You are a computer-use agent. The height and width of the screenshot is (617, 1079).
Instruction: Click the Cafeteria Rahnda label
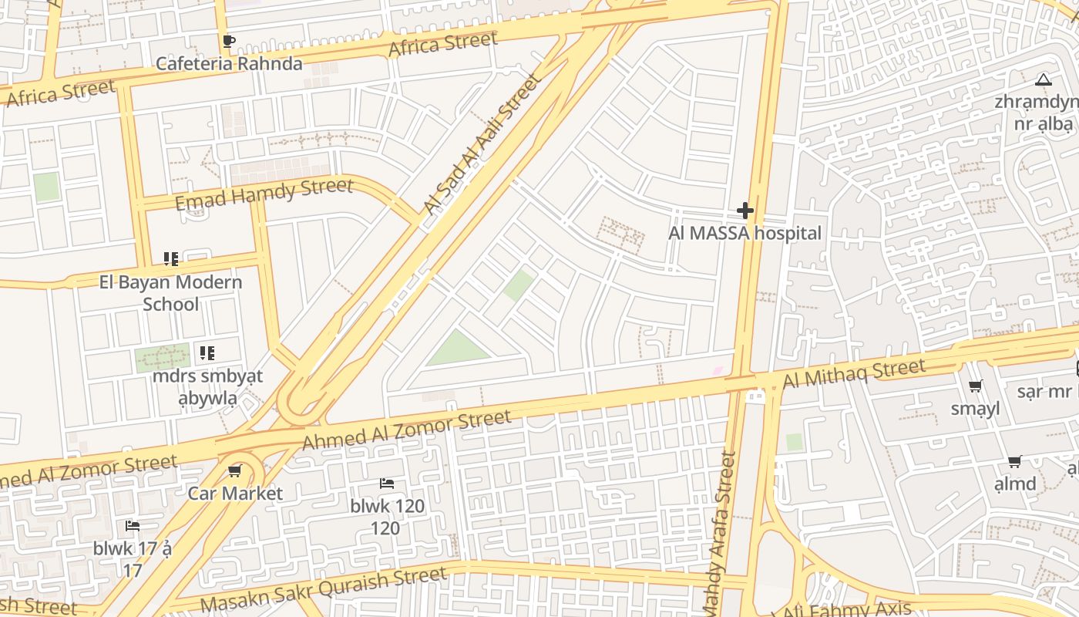point(229,63)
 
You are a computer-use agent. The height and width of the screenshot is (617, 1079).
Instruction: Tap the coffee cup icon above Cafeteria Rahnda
point(228,42)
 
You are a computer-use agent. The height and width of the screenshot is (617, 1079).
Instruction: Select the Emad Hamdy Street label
point(264,193)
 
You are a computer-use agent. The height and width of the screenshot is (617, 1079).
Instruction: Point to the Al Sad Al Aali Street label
point(482,144)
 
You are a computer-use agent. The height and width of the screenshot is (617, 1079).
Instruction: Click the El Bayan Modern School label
point(170,292)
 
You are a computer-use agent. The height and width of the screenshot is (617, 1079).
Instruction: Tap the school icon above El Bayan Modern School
point(171,259)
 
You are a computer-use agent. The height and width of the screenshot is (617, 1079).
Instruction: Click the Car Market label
point(235,493)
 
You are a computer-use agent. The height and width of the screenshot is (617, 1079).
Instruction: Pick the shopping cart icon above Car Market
point(235,470)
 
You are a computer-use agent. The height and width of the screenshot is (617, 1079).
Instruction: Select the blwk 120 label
point(387,506)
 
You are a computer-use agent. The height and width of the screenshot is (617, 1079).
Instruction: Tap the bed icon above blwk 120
point(387,484)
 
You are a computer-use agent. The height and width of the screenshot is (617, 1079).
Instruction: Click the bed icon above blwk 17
point(133,526)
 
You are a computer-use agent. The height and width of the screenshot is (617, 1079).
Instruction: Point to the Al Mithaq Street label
point(853,374)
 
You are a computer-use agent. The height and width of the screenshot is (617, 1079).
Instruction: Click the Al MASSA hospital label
point(745,233)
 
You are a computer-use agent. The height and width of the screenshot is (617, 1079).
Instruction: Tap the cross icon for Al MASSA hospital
point(745,210)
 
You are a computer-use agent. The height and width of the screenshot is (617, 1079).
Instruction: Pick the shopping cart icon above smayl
point(976,386)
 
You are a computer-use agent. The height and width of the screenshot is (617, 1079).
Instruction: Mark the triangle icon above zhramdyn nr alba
point(1044,79)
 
